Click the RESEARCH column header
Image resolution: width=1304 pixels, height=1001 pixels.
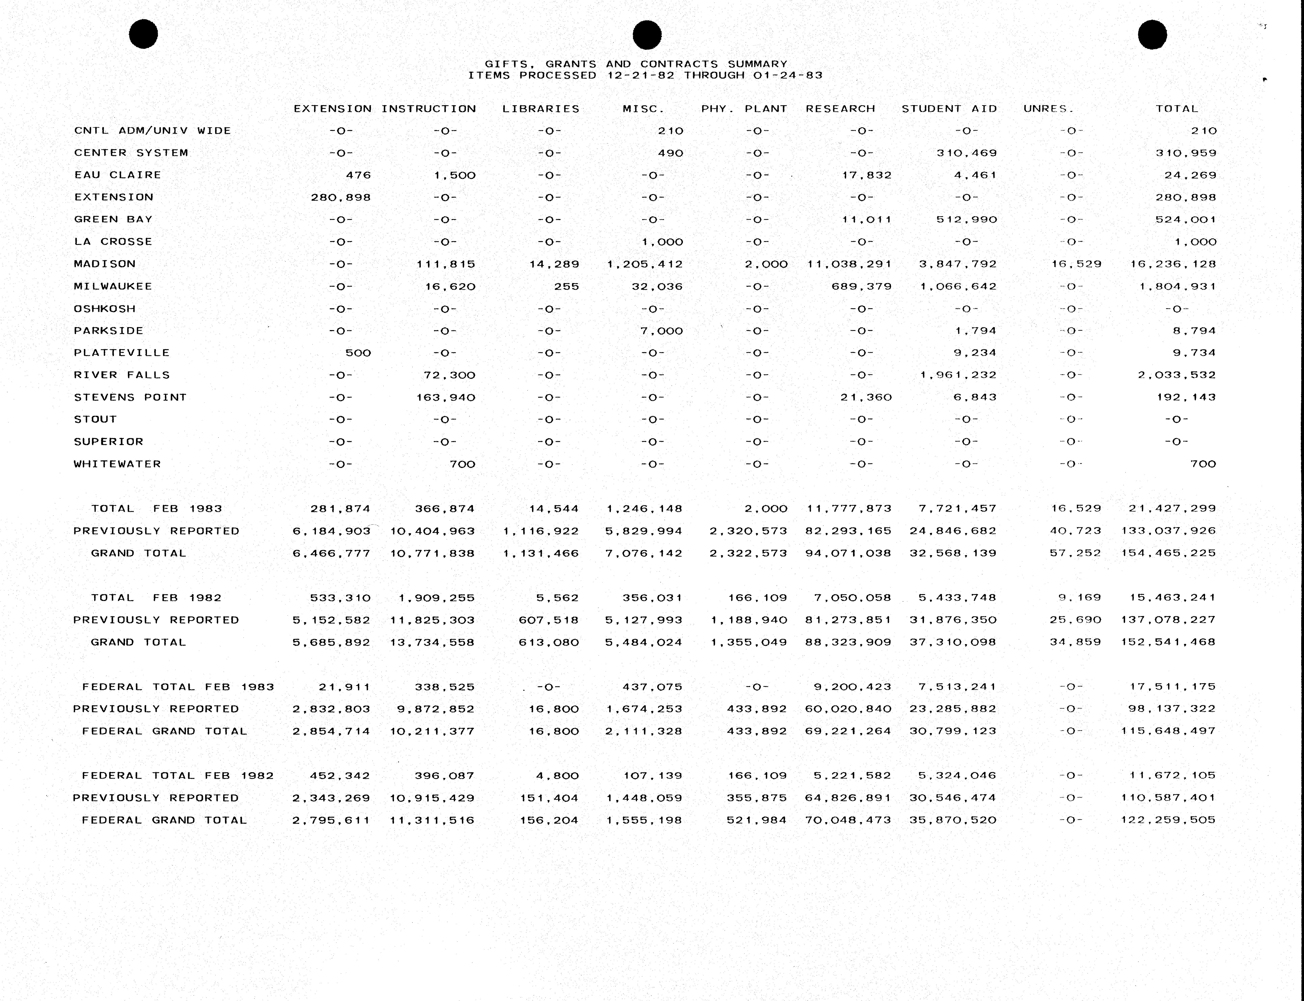pyautogui.click(x=840, y=108)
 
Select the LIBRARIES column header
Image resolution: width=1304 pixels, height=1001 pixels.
pyautogui.click(x=540, y=108)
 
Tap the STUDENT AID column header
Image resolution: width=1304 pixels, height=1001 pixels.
pyautogui.click(x=949, y=108)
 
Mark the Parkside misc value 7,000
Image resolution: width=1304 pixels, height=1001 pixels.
pyautogui.click(x=661, y=331)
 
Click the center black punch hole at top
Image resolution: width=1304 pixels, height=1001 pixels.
pyautogui.click(x=647, y=35)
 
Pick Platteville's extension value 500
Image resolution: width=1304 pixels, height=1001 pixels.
pyautogui.click(x=358, y=353)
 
